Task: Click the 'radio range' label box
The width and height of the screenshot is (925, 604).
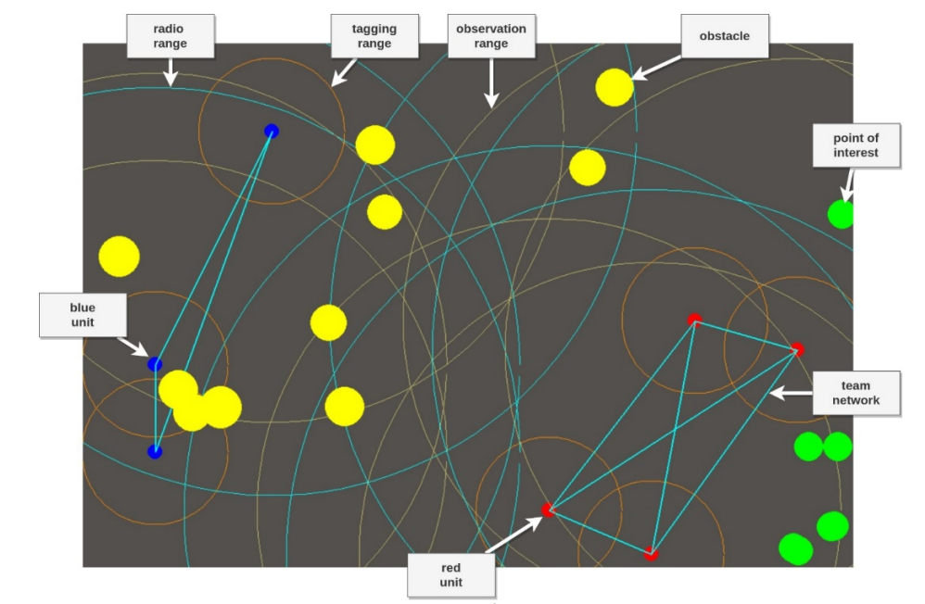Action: click(x=170, y=37)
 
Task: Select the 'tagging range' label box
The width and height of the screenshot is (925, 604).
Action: click(x=374, y=37)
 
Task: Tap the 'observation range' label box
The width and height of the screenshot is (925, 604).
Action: click(x=490, y=37)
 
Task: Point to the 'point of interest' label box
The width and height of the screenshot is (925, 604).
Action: click(x=855, y=145)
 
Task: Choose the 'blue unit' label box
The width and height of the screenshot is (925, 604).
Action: click(x=82, y=315)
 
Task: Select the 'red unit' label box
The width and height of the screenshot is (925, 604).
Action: click(x=451, y=575)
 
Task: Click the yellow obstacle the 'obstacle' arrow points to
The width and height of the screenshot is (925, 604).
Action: click(x=614, y=87)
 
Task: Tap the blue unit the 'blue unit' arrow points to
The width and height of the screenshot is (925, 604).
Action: click(x=155, y=364)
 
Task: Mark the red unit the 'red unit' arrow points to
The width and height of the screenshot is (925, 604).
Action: click(x=548, y=510)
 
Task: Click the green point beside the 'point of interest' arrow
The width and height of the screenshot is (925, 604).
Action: click(x=841, y=214)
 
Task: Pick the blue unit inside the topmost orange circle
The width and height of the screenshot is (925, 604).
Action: click(x=271, y=132)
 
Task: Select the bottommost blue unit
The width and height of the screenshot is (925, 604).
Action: click(x=155, y=451)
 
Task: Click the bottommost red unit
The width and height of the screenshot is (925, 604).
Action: click(x=651, y=554)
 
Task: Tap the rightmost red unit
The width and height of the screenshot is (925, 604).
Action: click(x=797, y=349)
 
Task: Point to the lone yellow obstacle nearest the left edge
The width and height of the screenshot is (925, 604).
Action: click(x=119, y=257)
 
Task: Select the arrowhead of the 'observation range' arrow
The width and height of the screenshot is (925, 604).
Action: click(x=490, y=105)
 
